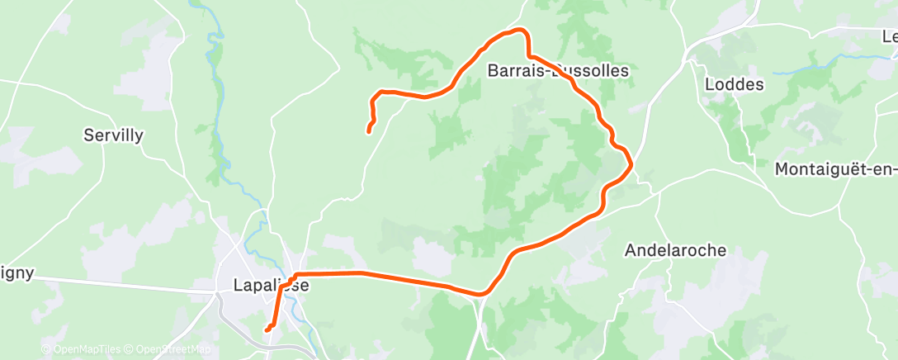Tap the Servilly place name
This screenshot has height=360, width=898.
click(x=114, y=135)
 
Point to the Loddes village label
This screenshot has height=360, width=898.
click(x=735, y=84)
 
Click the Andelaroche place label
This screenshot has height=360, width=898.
click(x=675, y=249)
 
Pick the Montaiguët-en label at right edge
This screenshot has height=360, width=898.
click(x=835, y=169)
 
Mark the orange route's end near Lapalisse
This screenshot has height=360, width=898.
click(x=267, y=330)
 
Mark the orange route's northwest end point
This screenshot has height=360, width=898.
click(x=369, y=130)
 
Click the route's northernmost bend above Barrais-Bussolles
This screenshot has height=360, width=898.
click(x=520, y=31)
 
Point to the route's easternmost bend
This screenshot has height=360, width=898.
click(x=631, y=164)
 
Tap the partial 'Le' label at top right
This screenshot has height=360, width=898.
click(x=889, y=36)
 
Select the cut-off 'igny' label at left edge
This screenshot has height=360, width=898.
click(x=17, y=273)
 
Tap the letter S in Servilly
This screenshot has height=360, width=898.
click(x=89, y=135)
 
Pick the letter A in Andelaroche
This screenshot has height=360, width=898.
click(x=631, y=249)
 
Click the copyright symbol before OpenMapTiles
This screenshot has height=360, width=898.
click(x=46, y=350)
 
